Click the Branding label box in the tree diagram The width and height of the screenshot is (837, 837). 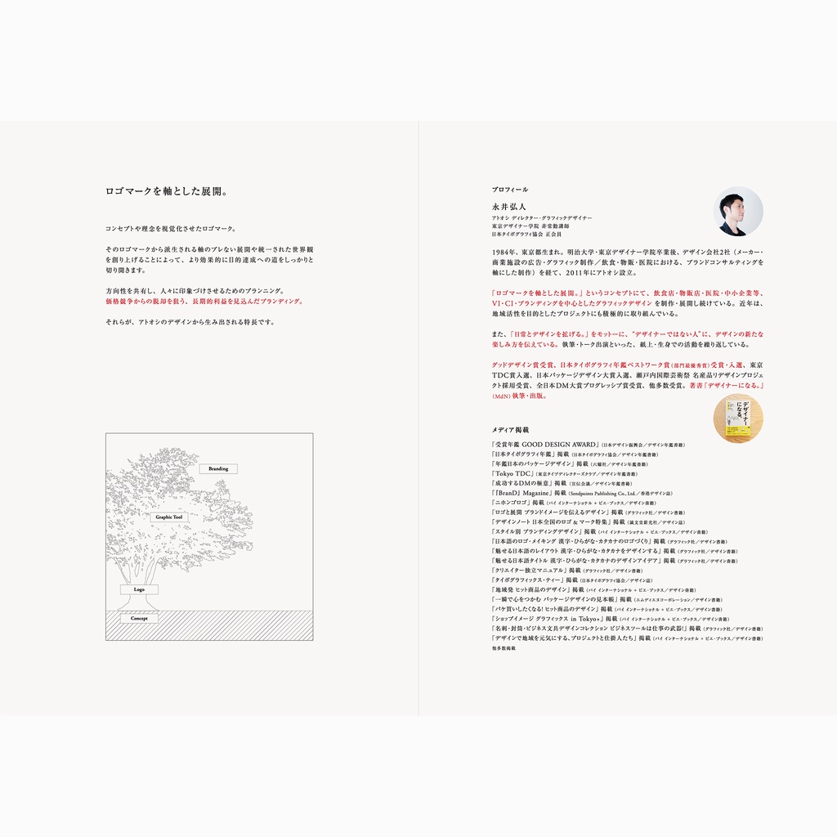pos(218,469)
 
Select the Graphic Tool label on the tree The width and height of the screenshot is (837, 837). pos(169,517)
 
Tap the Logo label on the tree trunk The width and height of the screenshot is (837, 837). pos(139,589)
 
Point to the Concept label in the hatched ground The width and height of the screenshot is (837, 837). pos(139,619)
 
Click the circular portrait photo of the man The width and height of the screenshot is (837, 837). pos(738,211)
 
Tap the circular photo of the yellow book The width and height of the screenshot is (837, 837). pos(738,418)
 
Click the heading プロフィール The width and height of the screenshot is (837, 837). pos(510,190)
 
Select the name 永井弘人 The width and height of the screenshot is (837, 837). pos(509,208)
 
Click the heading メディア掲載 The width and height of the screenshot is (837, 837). pos(510,429)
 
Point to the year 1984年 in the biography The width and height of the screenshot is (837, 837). pos(504,252)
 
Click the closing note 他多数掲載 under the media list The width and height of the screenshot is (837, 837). pos(504,648)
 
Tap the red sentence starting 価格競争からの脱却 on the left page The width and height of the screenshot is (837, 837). pos(204,301)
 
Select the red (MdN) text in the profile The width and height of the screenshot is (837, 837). pos(501,396)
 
